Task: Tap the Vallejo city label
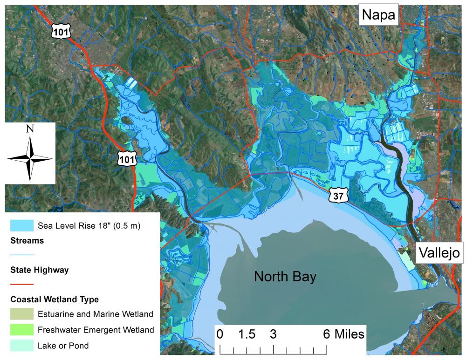point(439,253)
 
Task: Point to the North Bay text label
point(285,277)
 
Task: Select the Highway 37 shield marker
point(338,196)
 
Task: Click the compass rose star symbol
point(30,158)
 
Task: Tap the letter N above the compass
point(30,129)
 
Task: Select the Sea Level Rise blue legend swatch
point(22,226)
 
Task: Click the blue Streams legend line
point(22,255)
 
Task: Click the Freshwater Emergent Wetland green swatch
point(22,330)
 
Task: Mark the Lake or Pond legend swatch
point(22,346)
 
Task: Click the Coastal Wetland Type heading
point(53,299)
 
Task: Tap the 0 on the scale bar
point(220,334)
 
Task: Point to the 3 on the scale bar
point(273,334)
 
